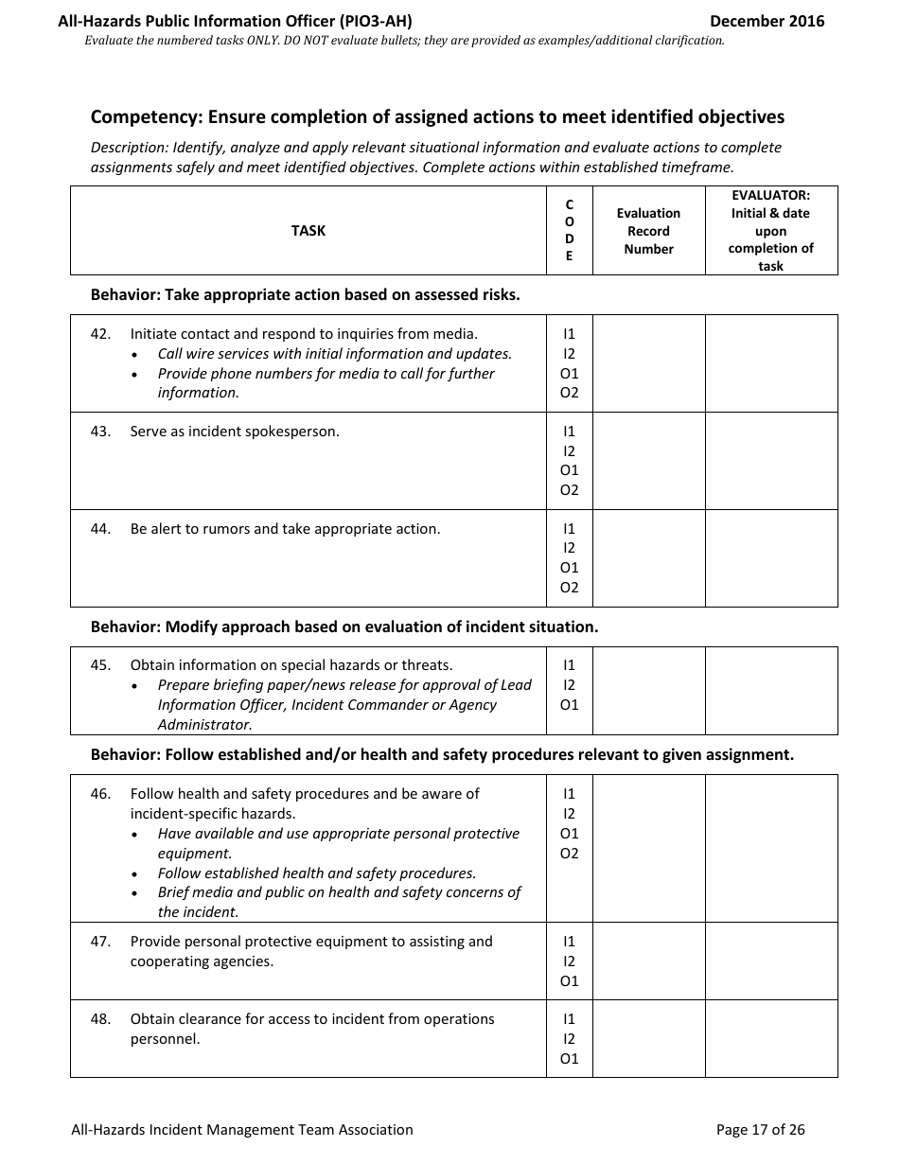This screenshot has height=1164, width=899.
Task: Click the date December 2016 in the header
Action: tap(767, 21)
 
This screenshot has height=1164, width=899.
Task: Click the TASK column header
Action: tap(308, 231)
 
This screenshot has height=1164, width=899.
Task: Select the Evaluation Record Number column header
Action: tap(648, 231)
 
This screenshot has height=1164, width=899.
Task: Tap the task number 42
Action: tap(100, 334)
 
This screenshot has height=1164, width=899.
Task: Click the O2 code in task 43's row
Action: tap(569, 490)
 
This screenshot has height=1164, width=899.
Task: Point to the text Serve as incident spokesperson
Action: tap(235, 432)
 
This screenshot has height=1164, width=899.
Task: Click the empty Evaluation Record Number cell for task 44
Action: tap(648, 558)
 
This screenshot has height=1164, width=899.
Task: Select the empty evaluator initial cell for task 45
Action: tap(770, 691)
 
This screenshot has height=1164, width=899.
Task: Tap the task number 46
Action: tap(100, 794)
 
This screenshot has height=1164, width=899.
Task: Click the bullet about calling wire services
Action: tap(334, 354)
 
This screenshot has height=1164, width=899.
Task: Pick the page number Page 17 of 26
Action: tap(760, 1129)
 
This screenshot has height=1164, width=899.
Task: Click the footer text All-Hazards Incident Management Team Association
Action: tap(242, 1129)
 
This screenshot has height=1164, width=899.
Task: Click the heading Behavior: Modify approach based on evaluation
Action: tap(344, 626)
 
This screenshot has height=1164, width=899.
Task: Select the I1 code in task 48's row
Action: tap(569, 1019)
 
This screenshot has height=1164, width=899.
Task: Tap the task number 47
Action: tap(100, 942)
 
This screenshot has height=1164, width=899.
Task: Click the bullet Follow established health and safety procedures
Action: tap(317, 873)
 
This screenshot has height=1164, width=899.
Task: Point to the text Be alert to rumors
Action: tap(285, 529)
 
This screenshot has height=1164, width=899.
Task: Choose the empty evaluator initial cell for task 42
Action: tap(770, 363)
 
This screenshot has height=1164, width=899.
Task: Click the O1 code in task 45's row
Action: tap(569, 705)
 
